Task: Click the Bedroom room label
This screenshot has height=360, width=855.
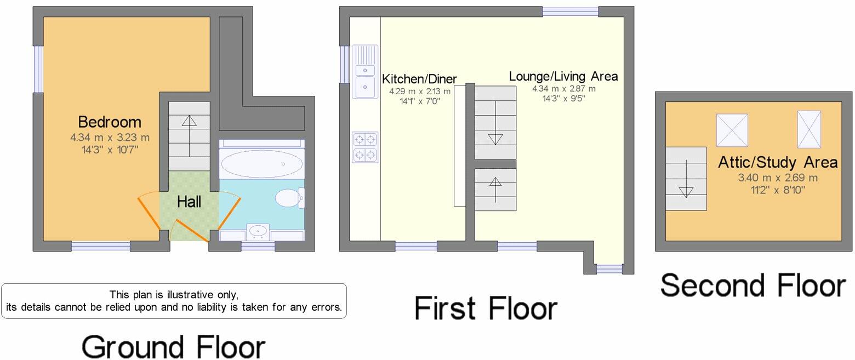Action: (110, 122)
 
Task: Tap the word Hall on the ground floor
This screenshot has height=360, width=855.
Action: (189, 202)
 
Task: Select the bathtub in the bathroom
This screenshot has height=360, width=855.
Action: (261, 163)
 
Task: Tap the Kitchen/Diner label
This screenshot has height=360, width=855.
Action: (419, 79)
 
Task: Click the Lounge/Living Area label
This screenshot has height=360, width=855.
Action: (563, 76)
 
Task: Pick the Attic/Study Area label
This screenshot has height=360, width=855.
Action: (778, 162)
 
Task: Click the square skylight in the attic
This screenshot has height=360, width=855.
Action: (732, 130)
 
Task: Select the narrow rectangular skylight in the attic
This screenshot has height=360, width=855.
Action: (808, 129)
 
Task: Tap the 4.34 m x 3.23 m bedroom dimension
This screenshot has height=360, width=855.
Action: (110, 138)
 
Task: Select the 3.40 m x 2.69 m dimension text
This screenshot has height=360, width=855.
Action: (778, 178)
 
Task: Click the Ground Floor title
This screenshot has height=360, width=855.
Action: (173, 347)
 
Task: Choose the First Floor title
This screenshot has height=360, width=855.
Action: (486, 308)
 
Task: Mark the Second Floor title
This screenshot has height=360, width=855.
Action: (753, 285)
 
